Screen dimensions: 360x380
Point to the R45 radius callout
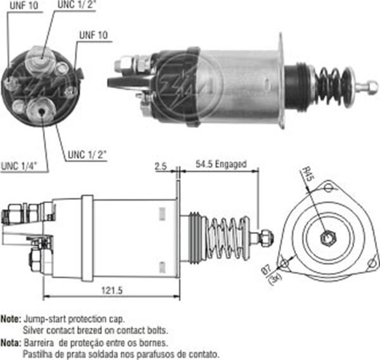[308, 174]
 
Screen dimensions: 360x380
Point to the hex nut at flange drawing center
[328, 238]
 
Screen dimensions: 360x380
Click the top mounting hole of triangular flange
[328, 186]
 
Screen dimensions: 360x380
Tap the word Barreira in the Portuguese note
[39, 342]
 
